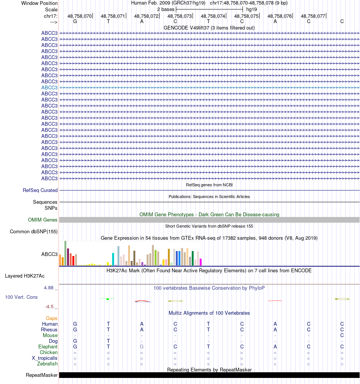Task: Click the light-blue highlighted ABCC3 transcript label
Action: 49,87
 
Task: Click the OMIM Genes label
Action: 43,220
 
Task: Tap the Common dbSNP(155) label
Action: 34,232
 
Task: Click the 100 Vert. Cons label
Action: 21,297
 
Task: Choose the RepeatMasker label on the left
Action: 42,375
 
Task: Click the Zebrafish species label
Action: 47,364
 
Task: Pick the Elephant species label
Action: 48,347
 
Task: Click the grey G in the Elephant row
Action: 142,347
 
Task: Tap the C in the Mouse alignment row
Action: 342,336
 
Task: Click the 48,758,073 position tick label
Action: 180,16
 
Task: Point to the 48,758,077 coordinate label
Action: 313,16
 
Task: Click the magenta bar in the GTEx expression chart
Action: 201,262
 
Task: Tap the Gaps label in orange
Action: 52,318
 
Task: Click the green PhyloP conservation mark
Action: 108,299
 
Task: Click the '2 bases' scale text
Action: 166,9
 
